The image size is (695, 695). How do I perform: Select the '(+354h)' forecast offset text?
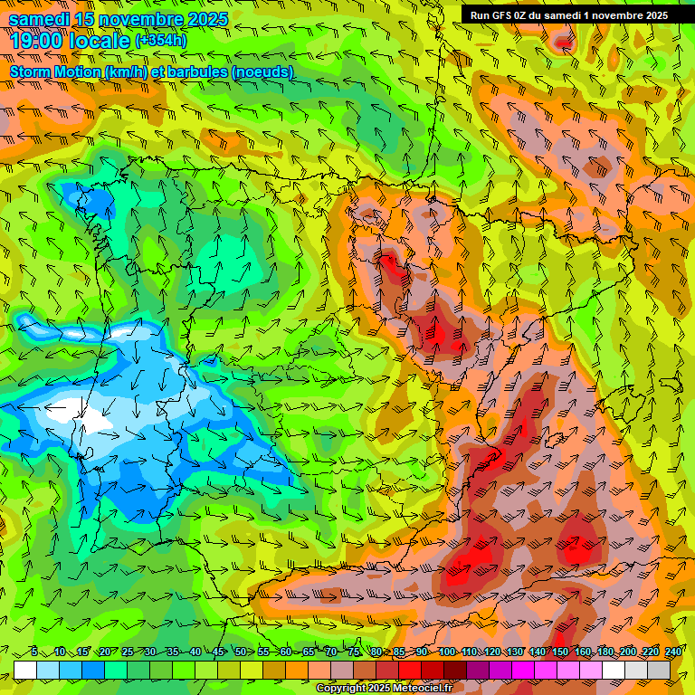pyautogui.click(x=161, y=40)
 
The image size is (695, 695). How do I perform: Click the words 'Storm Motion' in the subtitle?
pyautogui.click(x=56, y=71)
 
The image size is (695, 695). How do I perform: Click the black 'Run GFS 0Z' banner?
pyautogui.click(x=568, y=15)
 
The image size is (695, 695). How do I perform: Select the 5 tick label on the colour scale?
pyautogui.click(x=34, y=652)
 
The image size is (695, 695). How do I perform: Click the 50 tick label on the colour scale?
pyautogui.click(x=239, y=652)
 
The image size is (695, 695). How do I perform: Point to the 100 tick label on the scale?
pyautogui.click(x=446, y=652)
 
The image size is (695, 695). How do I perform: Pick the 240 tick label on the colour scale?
pyautogui.click(x=673, y=652)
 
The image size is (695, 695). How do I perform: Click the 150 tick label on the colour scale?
pyautogui.click(x=559, y=652)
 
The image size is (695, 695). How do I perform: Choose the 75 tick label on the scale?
pyautogui.click(x=353, y=652)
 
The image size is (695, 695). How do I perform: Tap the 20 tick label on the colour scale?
pyautogui.click(x=104, y=652)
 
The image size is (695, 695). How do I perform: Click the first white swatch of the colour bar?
pyautogui.click(x=24, y=670)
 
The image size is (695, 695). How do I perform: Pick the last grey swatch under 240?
pyautogui.click(x=660, y=670)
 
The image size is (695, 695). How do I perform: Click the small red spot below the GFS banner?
pyautogui.click(x=564, y=42)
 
